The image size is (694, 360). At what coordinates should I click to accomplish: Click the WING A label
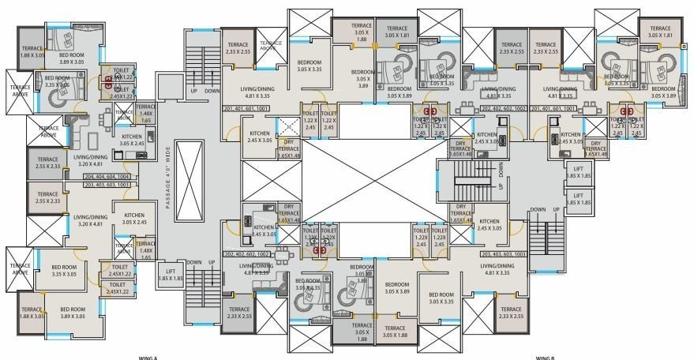pos(149,358)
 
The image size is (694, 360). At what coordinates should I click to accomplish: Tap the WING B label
pos(545,358)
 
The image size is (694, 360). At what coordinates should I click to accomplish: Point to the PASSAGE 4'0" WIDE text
pos(167,177)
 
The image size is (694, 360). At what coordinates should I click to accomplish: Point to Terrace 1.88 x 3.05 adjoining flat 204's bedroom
pos(32,51)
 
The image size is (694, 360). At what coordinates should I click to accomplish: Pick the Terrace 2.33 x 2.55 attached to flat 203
pos(511,313)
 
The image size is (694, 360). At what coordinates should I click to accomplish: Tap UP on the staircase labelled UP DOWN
pos(191,91)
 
